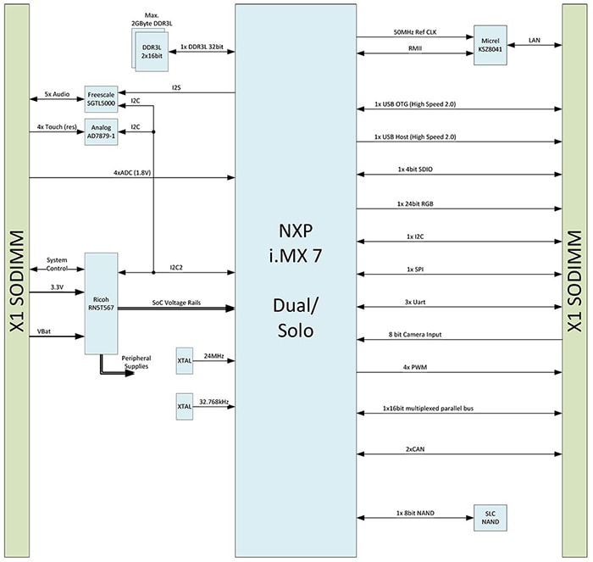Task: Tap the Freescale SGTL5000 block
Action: pos(102,100)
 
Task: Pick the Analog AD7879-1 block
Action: pos(102,134)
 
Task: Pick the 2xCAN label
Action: pos(415,448)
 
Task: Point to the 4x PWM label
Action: pos(416,367)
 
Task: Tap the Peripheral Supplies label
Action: pos(135,363)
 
